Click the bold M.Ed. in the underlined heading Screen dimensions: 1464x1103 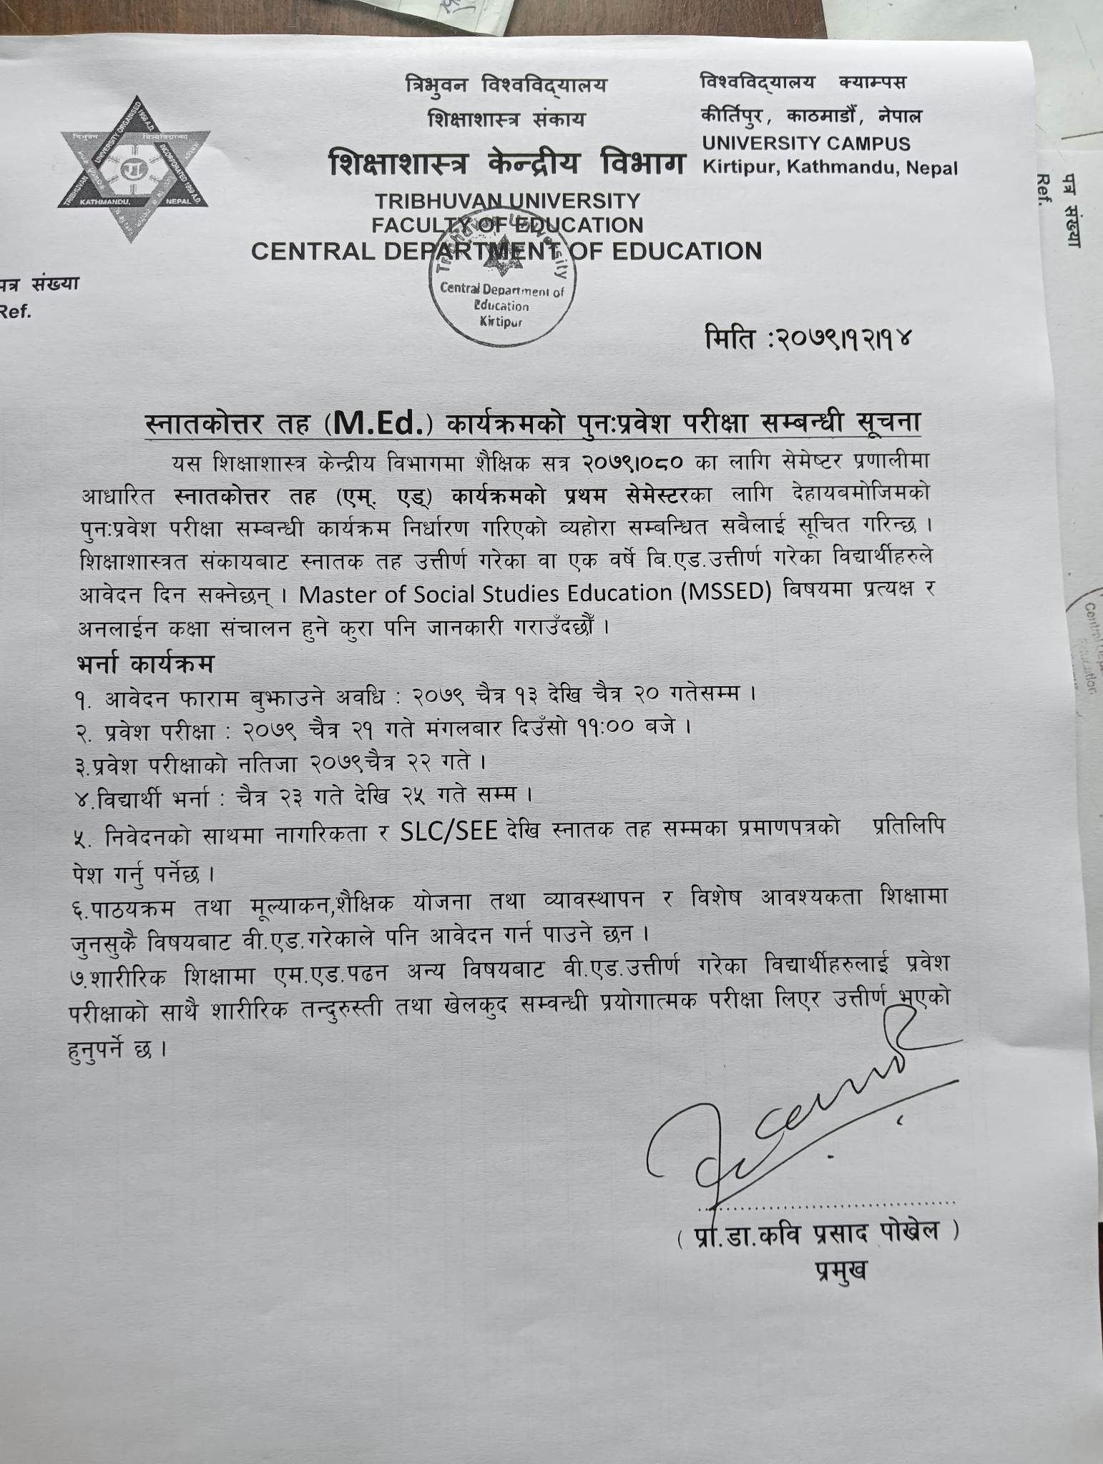click(x=379, y=425)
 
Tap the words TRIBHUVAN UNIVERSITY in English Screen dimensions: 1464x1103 click(x=507, y=201)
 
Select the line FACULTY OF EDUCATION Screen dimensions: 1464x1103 click(x=507, y=225)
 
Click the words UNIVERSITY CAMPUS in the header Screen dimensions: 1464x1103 click(x=805, y=143)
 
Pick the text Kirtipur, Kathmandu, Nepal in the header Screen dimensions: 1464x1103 click(x=829, y=169)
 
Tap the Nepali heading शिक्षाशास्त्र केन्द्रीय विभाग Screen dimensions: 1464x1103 click(x=506, y=164)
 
